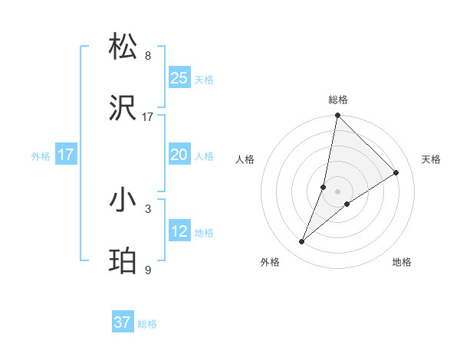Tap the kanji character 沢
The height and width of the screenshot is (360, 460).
click(123, 108)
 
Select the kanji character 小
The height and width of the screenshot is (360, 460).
click(123, 200)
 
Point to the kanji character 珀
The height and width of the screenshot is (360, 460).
click(123, 261)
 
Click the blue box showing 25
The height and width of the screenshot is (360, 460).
click(179, 77)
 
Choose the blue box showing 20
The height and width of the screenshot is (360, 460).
click(179, 155)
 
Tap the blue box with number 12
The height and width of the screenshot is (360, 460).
click(179, 231)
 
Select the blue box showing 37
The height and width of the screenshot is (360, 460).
click(123, 322)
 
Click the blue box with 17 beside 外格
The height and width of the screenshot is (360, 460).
click(66, 155)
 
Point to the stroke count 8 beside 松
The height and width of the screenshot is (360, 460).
click(148, 56)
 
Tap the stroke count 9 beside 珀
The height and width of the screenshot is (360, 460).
click(148, 270)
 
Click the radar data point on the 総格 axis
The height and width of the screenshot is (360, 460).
click(337, 116)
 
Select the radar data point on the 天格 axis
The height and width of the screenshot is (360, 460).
click(396, 172)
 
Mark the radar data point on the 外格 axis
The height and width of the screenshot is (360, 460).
click(302, 242)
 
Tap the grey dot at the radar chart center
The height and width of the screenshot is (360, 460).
click(337, 191)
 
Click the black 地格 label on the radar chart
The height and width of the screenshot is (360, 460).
click(402, 262)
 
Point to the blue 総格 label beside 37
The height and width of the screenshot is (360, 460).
click(147, 324)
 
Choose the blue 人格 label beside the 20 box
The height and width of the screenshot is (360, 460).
click(204, 156)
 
